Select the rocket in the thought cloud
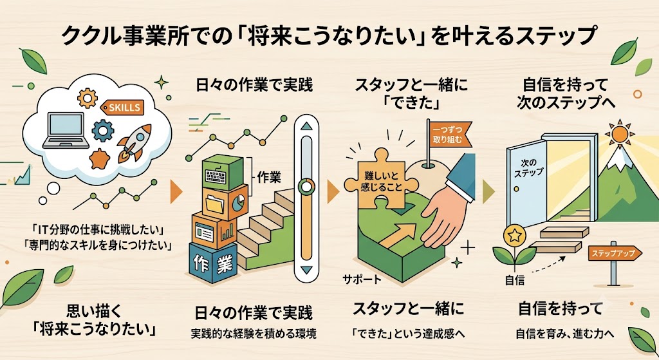[x=134, y=143]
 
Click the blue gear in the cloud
[x=102, y=130]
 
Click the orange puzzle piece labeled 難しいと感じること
[x=381, y=180]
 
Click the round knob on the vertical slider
[x=307, y=186]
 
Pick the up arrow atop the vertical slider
[x=307, y=126]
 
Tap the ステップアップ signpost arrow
[x=615, y=253]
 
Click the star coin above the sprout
[x=514, y=235]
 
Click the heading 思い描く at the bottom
[x=93, y=312]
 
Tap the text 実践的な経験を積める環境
[x=254, y=334]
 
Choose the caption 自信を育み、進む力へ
[x=565, y=334]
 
